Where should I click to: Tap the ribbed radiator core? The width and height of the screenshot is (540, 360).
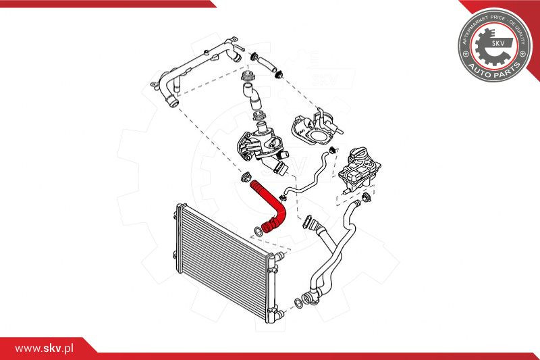[224, 261]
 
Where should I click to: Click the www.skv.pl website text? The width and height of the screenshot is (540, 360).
[44, 349]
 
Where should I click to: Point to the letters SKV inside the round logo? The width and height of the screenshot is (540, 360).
[497, 43]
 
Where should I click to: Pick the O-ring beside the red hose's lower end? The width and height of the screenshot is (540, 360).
[258, 232]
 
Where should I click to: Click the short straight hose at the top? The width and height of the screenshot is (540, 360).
[265, 64]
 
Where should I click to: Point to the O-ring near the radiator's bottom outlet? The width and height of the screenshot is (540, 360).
[298, 303]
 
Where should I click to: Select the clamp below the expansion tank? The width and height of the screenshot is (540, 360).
[367, 197]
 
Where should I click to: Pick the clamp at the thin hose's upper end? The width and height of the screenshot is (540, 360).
[333, 150]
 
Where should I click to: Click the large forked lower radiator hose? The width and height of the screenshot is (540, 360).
[331, 255]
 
